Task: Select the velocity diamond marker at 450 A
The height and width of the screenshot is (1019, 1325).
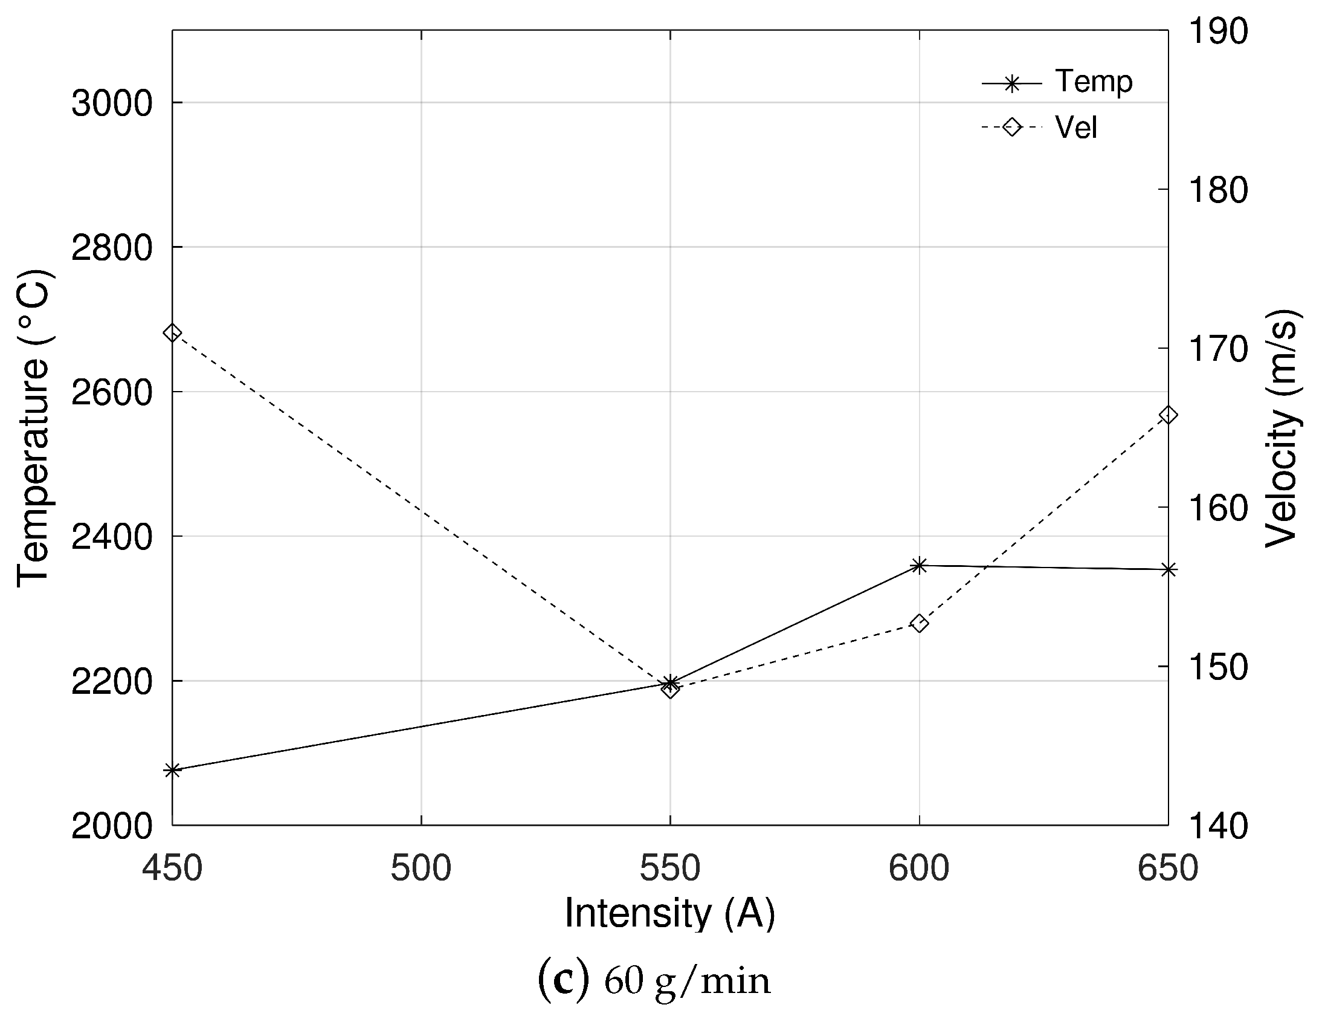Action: [x=172, y=333]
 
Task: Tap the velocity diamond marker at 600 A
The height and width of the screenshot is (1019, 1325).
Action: [x=919, y=624]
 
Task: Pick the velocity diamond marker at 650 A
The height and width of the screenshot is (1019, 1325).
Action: [x=1168, y=415]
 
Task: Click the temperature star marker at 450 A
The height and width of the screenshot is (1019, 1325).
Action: [x=172, y=771]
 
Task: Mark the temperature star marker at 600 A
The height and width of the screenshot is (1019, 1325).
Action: [x=919, y=566]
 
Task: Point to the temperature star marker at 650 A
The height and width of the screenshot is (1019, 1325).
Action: [x=1168, y=569]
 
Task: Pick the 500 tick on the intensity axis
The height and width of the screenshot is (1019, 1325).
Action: [x=421, y=869]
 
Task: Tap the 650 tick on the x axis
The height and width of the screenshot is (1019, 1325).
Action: [x=1168, y=869]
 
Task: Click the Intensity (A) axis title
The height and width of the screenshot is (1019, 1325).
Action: [x=669, y=913]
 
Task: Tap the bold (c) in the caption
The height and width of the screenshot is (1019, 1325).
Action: [x=563, y=982]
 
